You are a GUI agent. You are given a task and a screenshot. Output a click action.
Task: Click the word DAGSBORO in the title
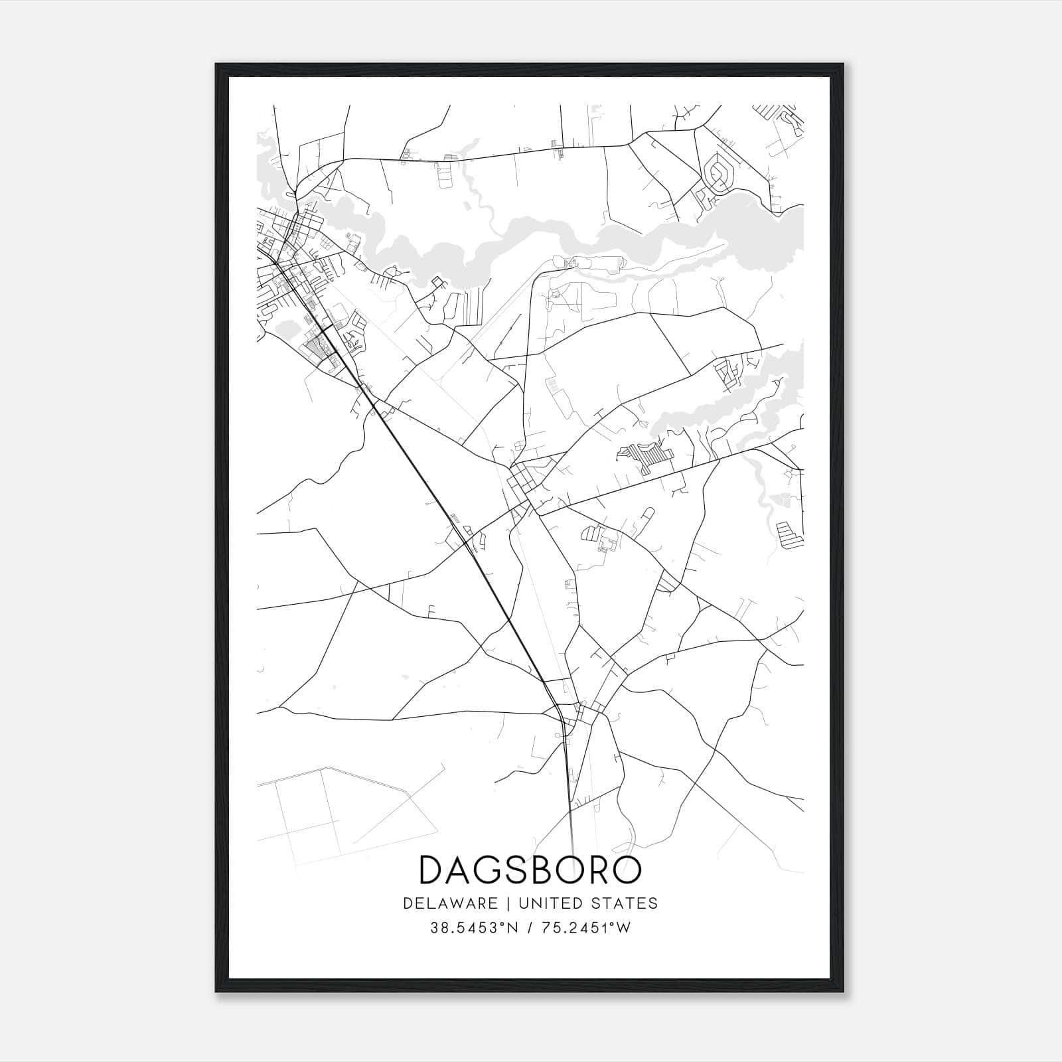[530, 870]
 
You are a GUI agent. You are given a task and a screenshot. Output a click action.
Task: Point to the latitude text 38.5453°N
[474, 928]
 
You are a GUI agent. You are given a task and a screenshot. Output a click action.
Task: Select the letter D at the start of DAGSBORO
[432, 870]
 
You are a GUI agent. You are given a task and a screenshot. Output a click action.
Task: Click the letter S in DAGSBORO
[524, 870]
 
